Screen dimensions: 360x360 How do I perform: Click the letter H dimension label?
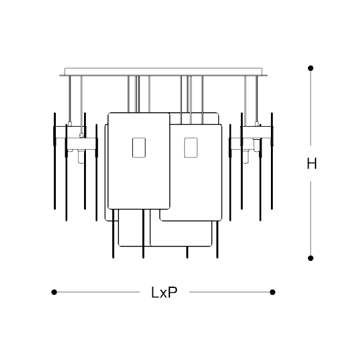click(312, 164)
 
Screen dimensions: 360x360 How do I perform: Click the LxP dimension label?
click(164, 292)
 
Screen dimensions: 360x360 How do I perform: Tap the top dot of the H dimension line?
click(310, 68)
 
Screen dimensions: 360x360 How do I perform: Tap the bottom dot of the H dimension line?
click(310, 258)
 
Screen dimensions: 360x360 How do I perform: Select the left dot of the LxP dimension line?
click(54, 292)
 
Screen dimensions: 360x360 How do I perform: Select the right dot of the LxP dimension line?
click(273, 292)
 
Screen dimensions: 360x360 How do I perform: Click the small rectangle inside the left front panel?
click(139, 147)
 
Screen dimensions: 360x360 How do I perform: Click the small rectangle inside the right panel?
click(191, 147)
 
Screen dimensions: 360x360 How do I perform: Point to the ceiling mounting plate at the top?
click(163, 71)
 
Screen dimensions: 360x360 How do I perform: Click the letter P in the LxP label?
click(173, 292)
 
